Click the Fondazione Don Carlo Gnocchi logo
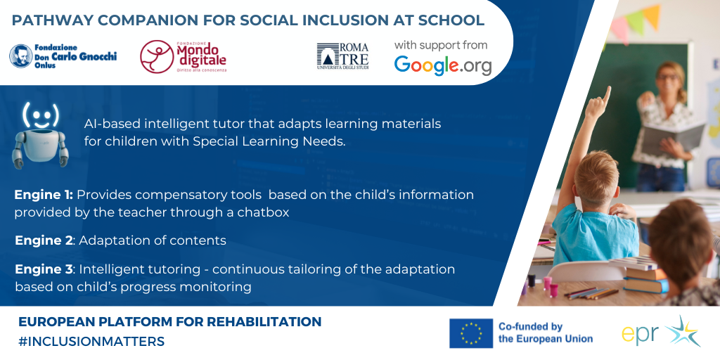[x=63, y=56]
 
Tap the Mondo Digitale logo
[x=184, y=56]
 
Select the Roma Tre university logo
[x=342, y=56]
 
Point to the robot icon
[x=40, y=135]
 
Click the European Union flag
[x=470, y=333]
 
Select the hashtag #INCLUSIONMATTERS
[x=91, y=342]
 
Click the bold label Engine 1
[x=44, y=195]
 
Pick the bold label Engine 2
[x=44, y=240]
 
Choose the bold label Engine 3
[x=44, y=269]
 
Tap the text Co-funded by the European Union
[x=546, y=333]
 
